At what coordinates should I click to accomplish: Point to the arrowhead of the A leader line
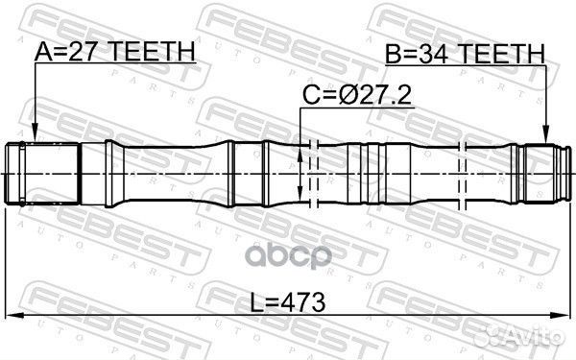point(34,136)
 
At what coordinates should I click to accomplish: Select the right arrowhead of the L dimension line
point(564,318)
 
